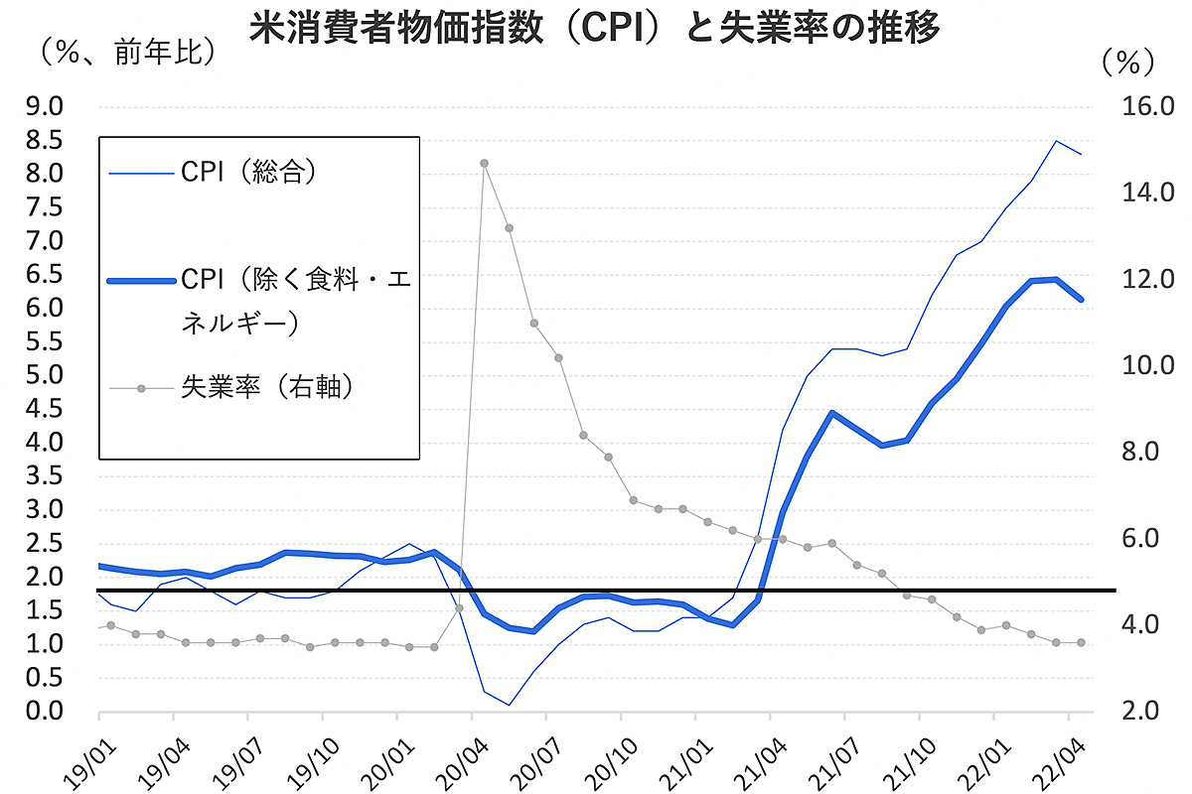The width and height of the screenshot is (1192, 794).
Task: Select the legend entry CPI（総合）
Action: click(248, 173)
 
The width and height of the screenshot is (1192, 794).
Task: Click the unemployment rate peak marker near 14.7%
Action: click(484, 163)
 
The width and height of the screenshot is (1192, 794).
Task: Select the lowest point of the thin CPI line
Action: click(509, 705)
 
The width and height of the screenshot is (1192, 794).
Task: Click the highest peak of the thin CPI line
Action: click(1056, 141)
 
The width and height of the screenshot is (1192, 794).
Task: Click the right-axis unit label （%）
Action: click(1128, 62)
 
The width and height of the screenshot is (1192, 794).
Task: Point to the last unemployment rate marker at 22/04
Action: click(1081, 642)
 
